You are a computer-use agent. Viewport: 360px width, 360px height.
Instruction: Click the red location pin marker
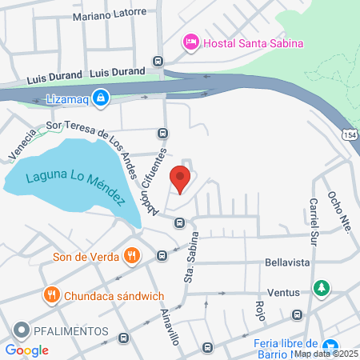click(x=181, y=178)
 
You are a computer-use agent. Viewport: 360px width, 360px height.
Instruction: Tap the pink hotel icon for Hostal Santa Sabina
click(x=190, y=42)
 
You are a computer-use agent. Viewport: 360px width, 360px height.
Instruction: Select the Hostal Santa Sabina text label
click(x=252, y=42)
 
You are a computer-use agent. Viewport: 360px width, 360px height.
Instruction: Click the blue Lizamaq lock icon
click(x=100, y=98)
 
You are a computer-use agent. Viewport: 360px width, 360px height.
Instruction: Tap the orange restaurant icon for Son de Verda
click(x=132, y=257)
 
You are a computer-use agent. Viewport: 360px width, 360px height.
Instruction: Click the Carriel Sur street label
click(x=313, y=221)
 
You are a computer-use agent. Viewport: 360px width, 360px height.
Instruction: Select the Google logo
click(x=26, y=350)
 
